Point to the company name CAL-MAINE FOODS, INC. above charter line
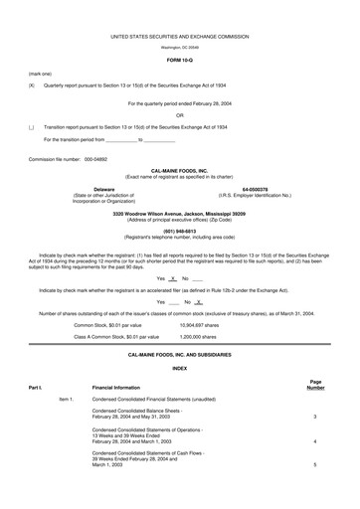[179, 171]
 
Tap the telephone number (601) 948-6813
[179, 232]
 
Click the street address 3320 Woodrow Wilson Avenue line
[179, 214]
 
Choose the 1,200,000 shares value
[202, 337]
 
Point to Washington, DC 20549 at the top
[179, 47]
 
